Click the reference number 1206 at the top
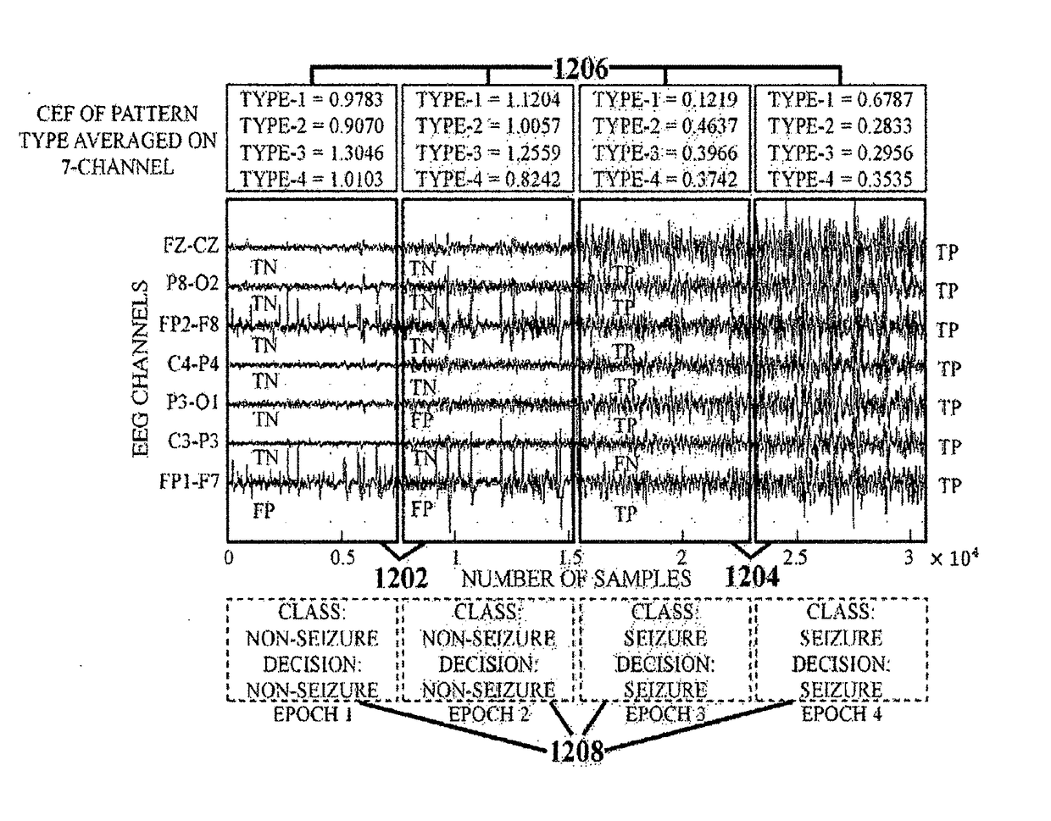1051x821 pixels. coord(581,68)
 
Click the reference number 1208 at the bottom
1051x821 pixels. coord(576,752)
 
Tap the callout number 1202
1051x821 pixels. coord(402,578)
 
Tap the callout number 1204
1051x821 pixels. coord(750,577)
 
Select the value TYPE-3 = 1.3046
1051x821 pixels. coord(312,153)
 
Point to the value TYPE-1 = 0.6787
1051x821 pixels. coord(840,100)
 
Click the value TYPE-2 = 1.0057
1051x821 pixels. coord(487,126)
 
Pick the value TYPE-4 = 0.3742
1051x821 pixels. coord(665,180)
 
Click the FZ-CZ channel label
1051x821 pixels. coord(192,247)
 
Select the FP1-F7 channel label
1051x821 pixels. coord(190,482)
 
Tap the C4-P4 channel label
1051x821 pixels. coord(191,364)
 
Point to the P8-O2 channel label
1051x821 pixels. coord(192,284)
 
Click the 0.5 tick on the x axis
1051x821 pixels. coord(342,559)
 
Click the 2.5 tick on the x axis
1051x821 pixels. coord(795,559)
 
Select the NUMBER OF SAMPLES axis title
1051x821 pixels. coord(576,579)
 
